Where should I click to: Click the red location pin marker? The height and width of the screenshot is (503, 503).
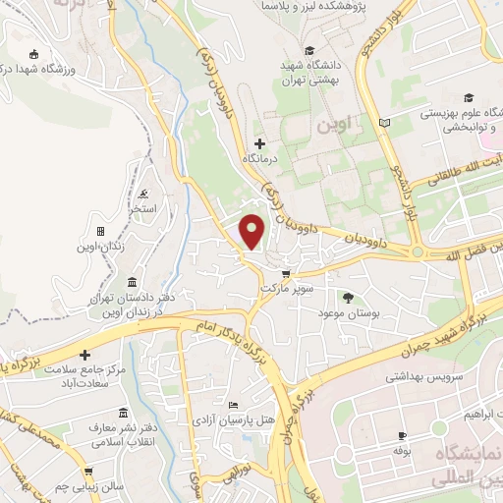252,231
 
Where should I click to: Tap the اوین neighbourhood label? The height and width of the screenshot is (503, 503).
334,126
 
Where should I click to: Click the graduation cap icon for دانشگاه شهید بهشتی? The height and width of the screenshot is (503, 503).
309,50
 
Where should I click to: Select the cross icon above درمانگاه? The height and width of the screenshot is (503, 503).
259,143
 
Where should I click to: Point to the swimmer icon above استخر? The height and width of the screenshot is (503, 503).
144,193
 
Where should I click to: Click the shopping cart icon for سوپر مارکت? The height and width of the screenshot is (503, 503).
286,274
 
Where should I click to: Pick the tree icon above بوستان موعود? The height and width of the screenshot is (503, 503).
347,297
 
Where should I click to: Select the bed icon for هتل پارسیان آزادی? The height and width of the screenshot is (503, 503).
233,405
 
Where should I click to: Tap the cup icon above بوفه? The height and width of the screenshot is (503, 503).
402,436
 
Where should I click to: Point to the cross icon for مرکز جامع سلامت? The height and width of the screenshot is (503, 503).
84,354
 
